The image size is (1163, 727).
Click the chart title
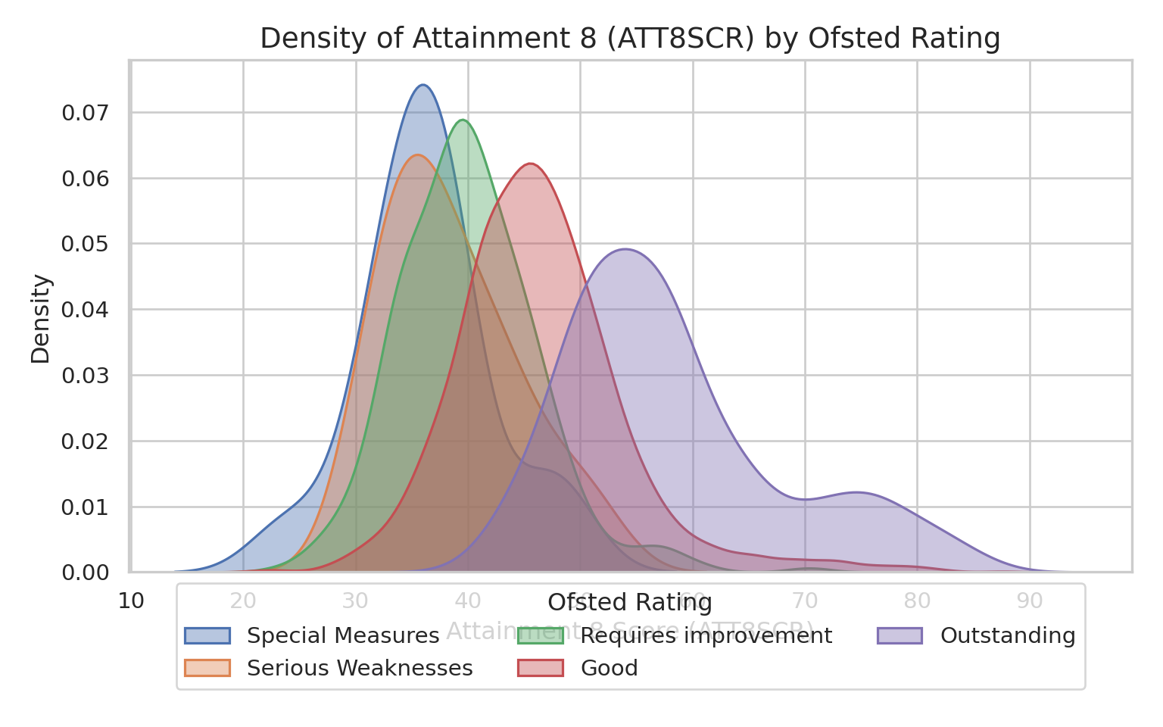click(630, 38)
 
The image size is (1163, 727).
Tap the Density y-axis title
click(41, 318)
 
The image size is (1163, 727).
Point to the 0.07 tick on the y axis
click(86, 113)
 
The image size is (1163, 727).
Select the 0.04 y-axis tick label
click(86, 310)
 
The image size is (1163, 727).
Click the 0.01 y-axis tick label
click(86, 507)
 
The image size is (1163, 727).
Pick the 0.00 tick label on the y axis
click(86, 572)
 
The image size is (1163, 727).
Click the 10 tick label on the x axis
click(131, 602)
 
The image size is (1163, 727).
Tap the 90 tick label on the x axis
click(1030, 602)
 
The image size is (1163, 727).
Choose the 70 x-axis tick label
click(805, 602)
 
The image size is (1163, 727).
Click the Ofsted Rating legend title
click(630, 603)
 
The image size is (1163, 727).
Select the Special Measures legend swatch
click(207, 635)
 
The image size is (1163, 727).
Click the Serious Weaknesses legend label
click(360, 668)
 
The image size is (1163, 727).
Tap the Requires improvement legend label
click(706, 635)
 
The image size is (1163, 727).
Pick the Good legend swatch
click(541, 668)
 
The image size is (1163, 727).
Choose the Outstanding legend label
click(1008, 635)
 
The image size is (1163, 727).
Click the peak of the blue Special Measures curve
click(422, 85)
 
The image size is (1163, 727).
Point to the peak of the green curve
click(462, 120)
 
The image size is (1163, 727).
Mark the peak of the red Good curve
click(530, 164)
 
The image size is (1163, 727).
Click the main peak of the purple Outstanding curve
click(626, 249)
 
